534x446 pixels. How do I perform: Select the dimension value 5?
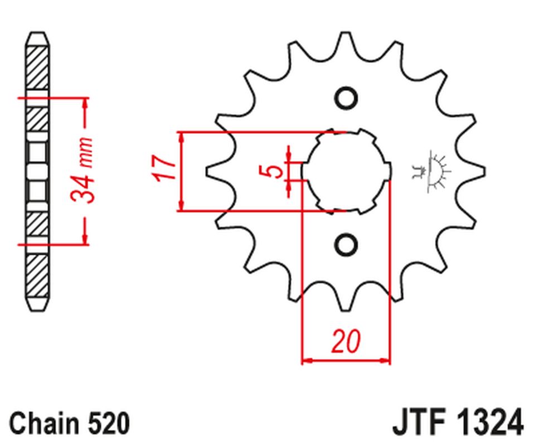tap(273, 171)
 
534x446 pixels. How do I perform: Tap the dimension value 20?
tap(345, 342)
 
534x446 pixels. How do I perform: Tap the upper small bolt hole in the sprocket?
tap(346, 98)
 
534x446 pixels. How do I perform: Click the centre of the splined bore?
tap(346, 171)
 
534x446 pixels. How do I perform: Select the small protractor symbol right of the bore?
tap(432, 171)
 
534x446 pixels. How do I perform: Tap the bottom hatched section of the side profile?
tap(37, 276)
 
